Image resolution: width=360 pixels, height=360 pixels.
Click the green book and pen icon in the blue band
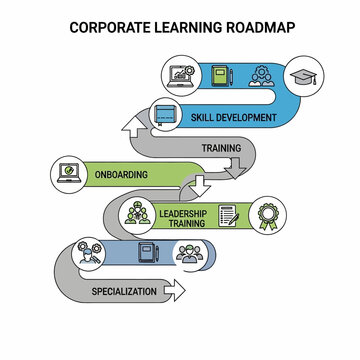222,77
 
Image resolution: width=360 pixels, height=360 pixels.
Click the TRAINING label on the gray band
221,148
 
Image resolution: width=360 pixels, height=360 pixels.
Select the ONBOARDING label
121,175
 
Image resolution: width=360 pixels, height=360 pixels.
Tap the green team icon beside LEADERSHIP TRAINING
135,214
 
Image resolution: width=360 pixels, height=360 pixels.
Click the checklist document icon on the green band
227,217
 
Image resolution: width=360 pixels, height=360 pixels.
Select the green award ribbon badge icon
268,217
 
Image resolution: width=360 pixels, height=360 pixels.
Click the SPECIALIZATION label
124,291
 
